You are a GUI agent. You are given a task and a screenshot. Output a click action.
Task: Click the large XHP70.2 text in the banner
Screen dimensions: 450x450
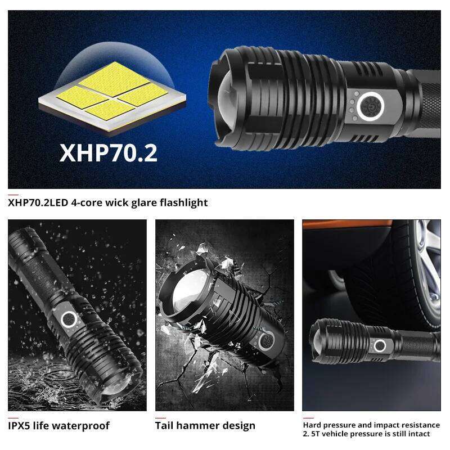109,152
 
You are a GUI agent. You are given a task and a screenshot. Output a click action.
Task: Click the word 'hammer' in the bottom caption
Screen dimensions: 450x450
199,425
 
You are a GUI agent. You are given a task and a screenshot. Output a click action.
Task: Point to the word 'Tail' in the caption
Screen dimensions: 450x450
165,425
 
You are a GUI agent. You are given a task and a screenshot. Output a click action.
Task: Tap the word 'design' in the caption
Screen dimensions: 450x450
240,425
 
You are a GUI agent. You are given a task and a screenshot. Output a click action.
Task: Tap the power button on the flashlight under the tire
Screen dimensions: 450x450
380,345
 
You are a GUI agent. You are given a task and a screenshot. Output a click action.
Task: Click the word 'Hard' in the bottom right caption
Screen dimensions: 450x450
313,425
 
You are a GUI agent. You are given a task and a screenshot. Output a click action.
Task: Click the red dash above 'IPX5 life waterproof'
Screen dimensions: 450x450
12,416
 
